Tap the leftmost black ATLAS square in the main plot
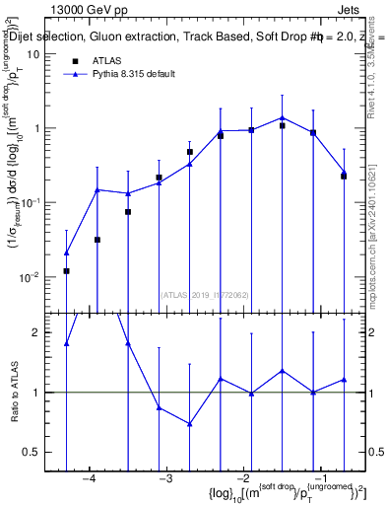pos(66,271)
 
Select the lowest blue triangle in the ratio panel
pos(189,424)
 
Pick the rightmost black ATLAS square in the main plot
pos(344,176)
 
